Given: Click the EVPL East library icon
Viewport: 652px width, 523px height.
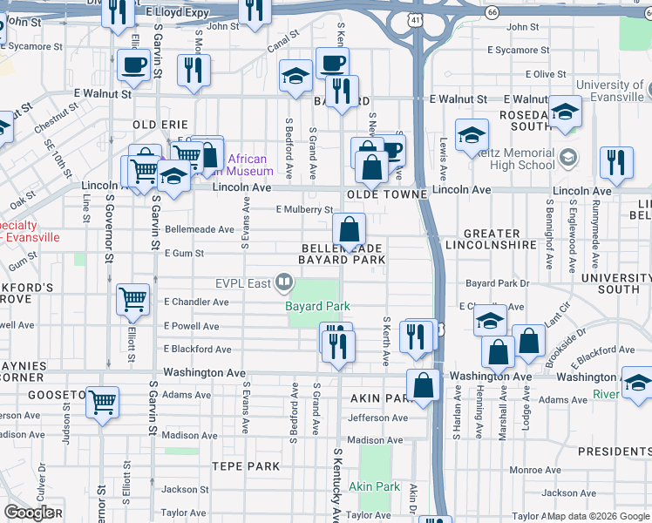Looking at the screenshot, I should (283, 282).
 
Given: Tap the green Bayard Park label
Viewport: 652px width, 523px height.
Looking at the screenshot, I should (317, 306).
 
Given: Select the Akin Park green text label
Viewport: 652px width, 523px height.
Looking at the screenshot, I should (374, 486).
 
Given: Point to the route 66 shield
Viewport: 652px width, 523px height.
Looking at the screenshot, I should (492, 12).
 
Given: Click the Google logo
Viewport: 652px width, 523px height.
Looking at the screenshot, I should (30, 513).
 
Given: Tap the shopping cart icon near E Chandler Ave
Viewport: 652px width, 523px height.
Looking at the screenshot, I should (132, 299).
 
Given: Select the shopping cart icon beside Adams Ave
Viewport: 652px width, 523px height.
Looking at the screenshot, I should (103, 402).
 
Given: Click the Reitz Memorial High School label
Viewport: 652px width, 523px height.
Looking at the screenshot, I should (510, 158).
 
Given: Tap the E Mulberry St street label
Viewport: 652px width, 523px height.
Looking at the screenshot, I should (303, 209).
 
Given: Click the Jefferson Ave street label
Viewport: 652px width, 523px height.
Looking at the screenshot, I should (377, 418).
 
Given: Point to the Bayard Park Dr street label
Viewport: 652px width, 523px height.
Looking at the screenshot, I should (497, 283).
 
